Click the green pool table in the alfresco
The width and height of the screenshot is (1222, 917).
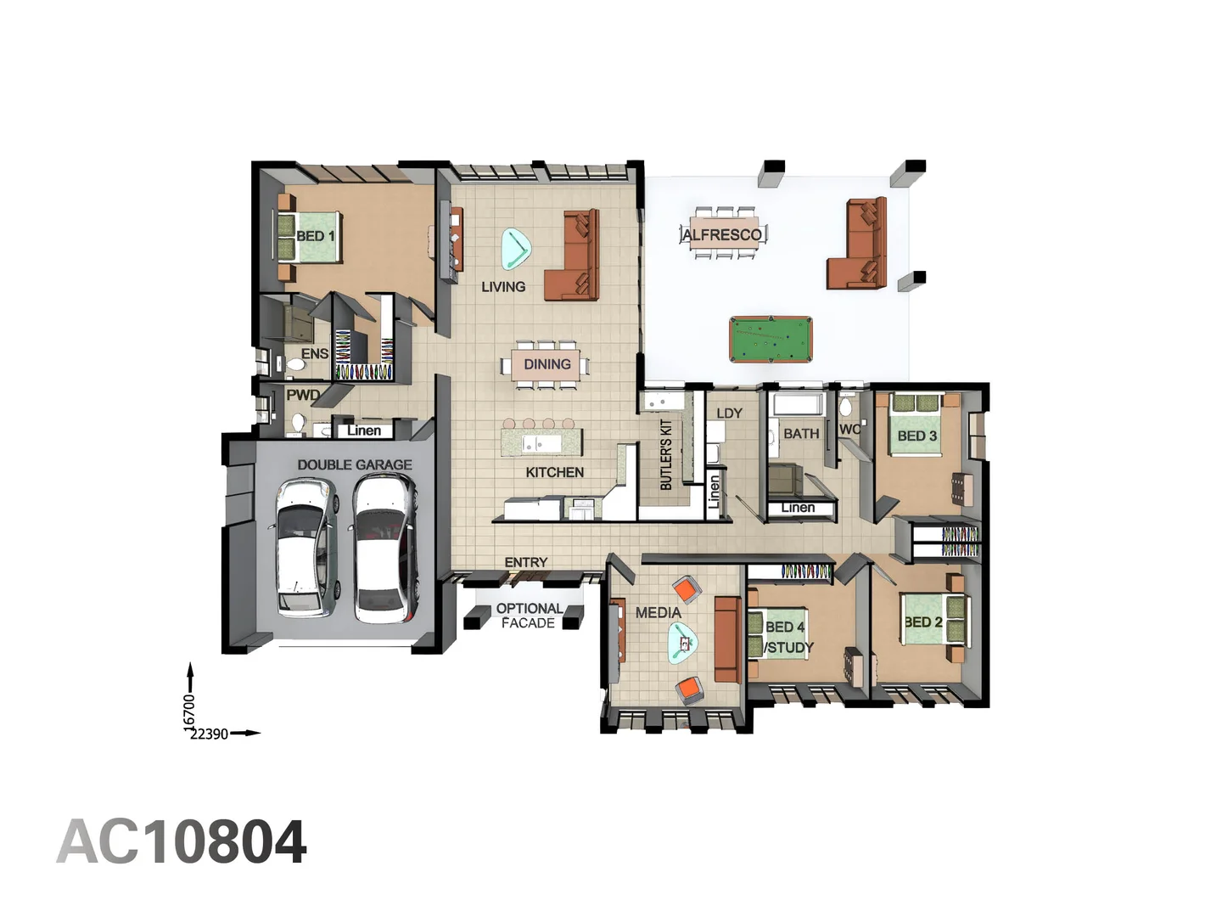pyautogui.click(x=771, y=339)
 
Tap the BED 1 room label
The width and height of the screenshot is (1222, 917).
pyautogui.click(x=316, y=236)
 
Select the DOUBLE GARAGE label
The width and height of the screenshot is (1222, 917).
pyautogui.click(x=355, y=464)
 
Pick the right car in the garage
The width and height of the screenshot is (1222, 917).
pyautogui.click(x=384, y=549)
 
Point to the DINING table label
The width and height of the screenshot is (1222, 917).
pyautogui.click(x=547, y=364)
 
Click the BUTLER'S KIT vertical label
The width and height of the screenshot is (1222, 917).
pyautogui.click(x=666, y=454)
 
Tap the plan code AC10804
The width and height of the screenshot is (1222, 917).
pyautogui.click(x=182, y=842)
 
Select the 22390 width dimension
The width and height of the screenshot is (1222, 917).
pyautogui.click(x=209, y=734)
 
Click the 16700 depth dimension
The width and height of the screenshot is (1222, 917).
pyautogui.click(x=190, y=710)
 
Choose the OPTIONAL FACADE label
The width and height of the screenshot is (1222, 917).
pyautogui.click(x=528, y=616)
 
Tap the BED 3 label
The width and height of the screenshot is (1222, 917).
pyautogui.click(x=917, y=436)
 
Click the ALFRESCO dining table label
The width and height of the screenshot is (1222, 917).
pyautogui.click(x=722, y=234)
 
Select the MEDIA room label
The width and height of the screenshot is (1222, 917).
pyautogui.click(x=658, y=612)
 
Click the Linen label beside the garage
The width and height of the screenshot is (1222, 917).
pyautogui.click(x=364, y=430)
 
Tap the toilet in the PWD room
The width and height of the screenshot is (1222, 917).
pyautogui.click(x=298, y=422)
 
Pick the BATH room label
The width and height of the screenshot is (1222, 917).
pyautogui.click(x=801, y=434)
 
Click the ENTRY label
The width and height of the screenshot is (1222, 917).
pyautogui.click(x=526, y=562)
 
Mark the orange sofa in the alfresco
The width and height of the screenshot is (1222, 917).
pyautogui.click(x=859, y=246)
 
